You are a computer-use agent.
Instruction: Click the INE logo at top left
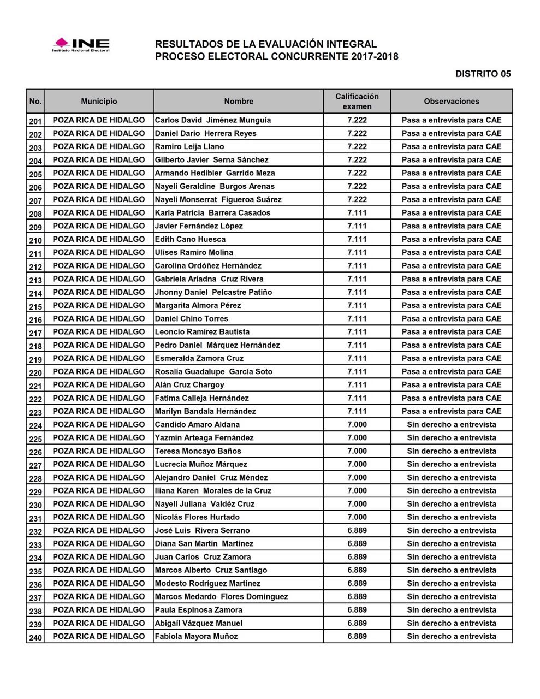coord(81,44)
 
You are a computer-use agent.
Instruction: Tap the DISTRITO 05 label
coord(483,74)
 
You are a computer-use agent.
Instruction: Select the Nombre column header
coord(239,102)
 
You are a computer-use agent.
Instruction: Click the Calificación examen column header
coord(357,102)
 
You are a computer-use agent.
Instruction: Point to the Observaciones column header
coord(452,102)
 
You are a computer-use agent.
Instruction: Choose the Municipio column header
coord(99,102)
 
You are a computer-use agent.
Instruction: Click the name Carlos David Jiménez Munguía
coord(213,120)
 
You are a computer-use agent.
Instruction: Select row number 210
coord(35,240)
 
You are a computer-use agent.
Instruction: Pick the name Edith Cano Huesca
coord(190,239)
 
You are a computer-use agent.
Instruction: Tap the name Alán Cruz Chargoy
coord(189,385)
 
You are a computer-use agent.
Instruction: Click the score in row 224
coord(357,425)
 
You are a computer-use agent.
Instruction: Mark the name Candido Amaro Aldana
coord(197,425)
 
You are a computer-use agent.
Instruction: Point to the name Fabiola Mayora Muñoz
coord(196,637)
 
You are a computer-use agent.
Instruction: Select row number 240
coord(35,637)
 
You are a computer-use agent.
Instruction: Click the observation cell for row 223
coord(452,412)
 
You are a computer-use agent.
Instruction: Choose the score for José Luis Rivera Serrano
coord(357,531)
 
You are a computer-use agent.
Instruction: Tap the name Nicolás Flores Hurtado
coord(197,517)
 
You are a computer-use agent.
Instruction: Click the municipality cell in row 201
coord(99,120)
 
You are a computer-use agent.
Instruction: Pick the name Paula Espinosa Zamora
coord(198,610)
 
